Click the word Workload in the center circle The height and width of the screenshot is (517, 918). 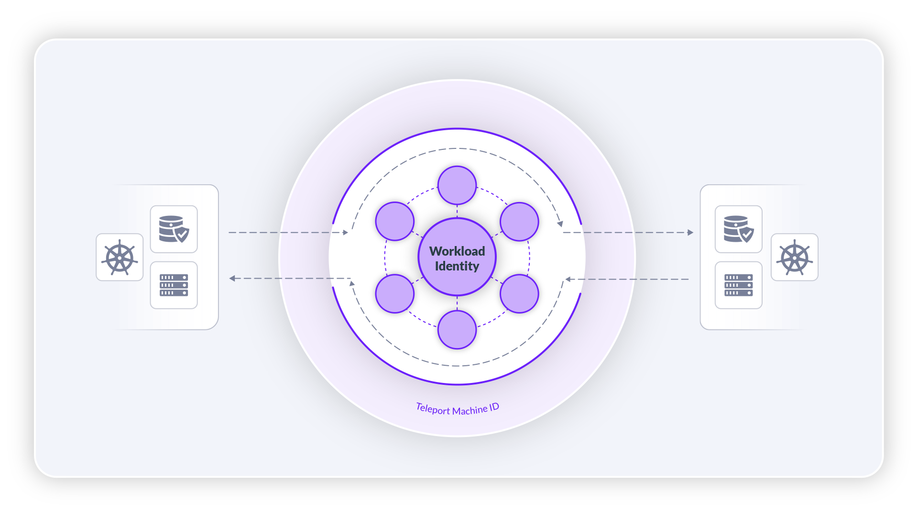(x=457, y=251)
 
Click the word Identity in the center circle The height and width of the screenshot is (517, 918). (x=457, y=266)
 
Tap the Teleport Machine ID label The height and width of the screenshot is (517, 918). (x=458, y=409)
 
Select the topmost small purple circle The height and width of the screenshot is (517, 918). (x=457, y=185)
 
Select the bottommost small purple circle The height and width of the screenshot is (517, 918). (x=457, y=330)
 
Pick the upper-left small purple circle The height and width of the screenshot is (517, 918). (x=395, y=221)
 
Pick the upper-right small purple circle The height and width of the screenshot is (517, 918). (x=519, y=222)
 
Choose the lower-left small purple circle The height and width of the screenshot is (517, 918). (x=395, y=293)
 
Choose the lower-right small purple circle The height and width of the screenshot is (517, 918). (x=519, y=293)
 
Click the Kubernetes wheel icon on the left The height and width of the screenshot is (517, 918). (x=120, y=258)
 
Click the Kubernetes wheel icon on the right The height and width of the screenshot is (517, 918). (x=795, y=258)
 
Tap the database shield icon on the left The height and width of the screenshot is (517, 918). (x=174, y=229)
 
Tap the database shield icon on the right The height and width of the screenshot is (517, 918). (x=739, y=229)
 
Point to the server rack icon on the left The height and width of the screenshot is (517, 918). (x=174, y=285)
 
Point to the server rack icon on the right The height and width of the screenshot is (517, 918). (x=739, y=285)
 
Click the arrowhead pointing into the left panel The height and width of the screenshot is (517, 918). (x=232, y=278)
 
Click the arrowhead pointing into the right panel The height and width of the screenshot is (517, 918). (x=690, y=233)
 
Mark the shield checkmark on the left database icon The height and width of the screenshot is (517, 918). (x=182, y=235)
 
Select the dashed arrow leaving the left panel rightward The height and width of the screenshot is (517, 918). (x=288, y=233)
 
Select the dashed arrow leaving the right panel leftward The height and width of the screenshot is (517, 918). (x=627, y=279)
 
